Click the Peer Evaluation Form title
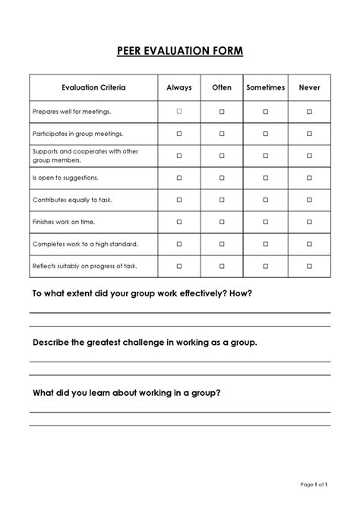click(180, 51)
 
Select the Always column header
click(179, 88)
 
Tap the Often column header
click(222, 88)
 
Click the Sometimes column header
click(266, 88)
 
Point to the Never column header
click(310, 88)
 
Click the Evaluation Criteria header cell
click(93, 88)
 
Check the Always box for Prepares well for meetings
click(179, 112)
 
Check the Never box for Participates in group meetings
click(310, 134)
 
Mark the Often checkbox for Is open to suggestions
click(222, 178)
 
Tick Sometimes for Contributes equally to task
click(266, 200)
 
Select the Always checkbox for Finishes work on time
click(179, 222)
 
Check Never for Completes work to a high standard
click(310, 245)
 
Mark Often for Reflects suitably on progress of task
click(222, 267)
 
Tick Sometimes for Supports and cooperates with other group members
click(266, 156)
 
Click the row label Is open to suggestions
click(66, 178)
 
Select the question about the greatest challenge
click(144, 343)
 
